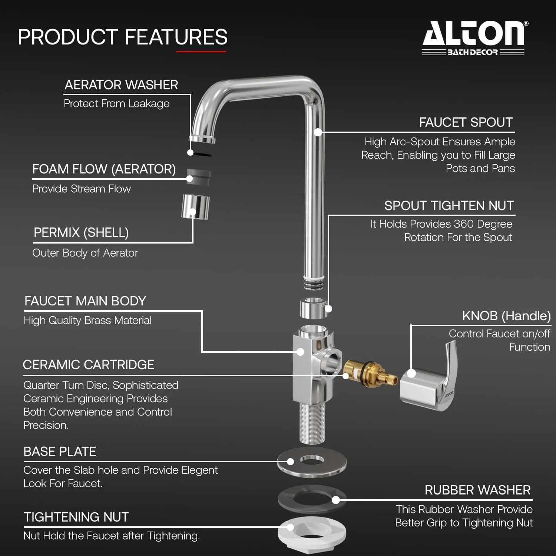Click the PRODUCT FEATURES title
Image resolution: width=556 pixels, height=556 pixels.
[123, 37]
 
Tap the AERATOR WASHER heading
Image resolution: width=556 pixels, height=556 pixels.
[121, 85]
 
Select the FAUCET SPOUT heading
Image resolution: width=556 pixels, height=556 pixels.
[466, 122]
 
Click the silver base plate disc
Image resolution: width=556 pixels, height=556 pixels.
[312, 461]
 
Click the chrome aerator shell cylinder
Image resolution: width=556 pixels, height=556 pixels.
[195, 207]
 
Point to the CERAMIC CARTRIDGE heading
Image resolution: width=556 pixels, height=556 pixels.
[89, 365]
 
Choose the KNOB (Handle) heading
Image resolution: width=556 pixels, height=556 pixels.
[506, 316]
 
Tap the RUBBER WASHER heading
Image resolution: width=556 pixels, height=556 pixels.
[478, 490]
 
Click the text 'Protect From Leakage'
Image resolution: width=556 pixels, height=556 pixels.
[116, 104]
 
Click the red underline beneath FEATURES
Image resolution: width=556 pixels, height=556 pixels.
[201, 52]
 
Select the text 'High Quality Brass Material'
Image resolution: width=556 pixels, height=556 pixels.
[87, 320]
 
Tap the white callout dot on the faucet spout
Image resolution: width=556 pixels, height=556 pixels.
[318, 132]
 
